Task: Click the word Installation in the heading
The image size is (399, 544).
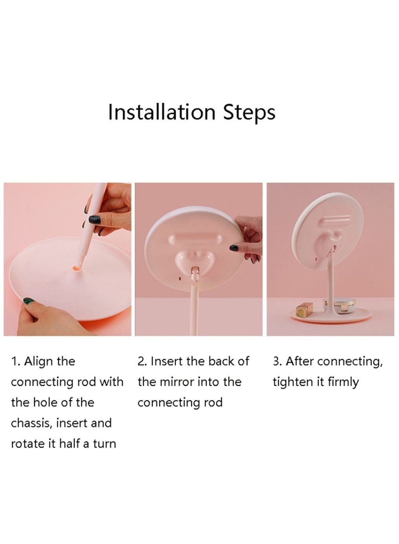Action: [x=161, y=112]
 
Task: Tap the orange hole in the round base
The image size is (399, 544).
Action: [x=77, y=268]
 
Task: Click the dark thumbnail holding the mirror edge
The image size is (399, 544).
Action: [x=234, y=248]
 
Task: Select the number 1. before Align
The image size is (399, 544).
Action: [x=16, y=361]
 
